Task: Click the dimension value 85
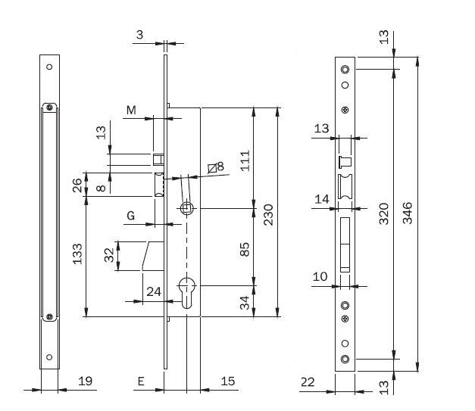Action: click(245, 250)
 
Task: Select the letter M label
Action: click(132, 111)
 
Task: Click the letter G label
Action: click(131, 216)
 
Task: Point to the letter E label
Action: click(141, 382)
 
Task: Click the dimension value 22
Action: click(307, 382)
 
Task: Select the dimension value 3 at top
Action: click(140, 35)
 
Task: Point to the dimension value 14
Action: click(322, 199)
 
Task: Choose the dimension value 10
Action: click(320, 276)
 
